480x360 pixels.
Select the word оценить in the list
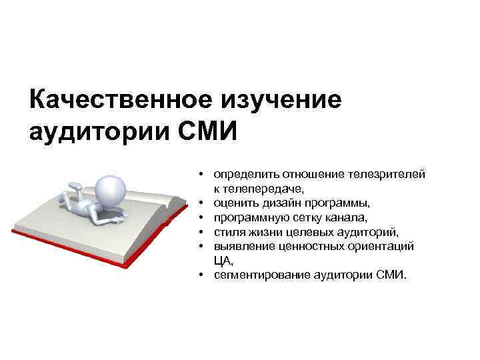point(236,203)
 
